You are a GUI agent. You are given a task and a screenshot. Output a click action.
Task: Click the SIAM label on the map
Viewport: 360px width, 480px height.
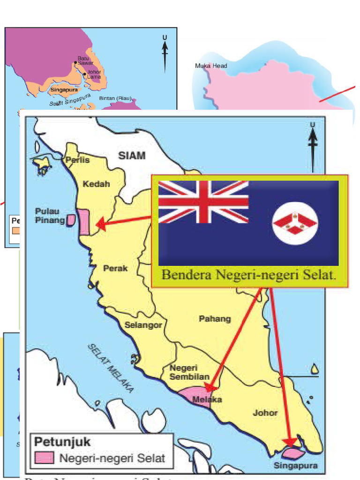tap(132, 156)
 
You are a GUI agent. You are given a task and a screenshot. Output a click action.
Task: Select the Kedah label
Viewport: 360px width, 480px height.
tap(96, 184)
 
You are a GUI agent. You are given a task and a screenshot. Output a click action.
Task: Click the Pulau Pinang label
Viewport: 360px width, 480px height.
tap(50, 216)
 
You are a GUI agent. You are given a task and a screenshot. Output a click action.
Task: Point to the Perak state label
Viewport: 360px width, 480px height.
tap(115, 268)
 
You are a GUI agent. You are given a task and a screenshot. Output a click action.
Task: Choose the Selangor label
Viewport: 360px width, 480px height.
tap(143, 324)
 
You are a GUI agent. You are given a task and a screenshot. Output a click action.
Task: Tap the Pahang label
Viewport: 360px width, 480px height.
tap(215, 319)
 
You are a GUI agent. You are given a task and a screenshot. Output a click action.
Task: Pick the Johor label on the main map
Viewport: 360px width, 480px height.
tap(265, 413)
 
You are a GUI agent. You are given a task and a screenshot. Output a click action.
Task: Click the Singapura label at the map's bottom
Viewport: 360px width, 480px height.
tap(295, 465)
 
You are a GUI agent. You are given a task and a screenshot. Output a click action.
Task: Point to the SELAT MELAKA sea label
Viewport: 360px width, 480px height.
tap(111, 368)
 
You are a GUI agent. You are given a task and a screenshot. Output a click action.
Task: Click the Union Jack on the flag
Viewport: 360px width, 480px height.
tap(203, 202)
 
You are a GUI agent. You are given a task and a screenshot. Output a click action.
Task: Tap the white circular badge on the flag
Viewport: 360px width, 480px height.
tap(295, 223)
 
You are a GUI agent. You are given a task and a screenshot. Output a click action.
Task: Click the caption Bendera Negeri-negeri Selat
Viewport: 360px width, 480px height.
tap(249, 275)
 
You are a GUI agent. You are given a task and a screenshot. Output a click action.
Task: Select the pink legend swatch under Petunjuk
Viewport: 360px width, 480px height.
tap(43, 458)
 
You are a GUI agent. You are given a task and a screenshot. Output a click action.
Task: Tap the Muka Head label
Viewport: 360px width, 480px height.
tap(211, 66)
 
